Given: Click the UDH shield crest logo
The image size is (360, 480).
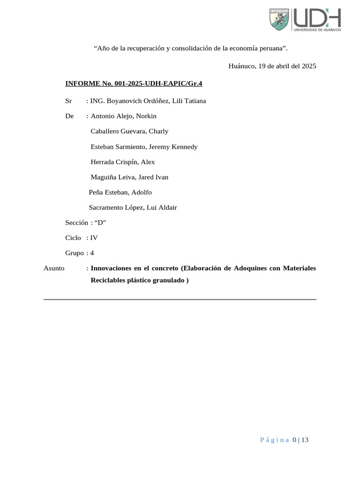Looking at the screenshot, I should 279,20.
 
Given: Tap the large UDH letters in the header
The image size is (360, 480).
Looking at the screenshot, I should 317,18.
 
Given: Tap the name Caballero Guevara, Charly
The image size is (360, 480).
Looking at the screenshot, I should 129,131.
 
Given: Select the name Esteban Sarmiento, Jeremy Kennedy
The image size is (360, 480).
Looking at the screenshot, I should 144,147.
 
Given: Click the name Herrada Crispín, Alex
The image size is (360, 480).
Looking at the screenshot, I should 122,162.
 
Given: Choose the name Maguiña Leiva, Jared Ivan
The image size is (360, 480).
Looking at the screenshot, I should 129,177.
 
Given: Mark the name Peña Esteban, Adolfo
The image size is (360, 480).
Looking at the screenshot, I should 120,192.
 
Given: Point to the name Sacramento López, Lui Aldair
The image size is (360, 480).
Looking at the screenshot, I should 133,208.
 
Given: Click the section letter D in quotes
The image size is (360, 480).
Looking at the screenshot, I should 100,223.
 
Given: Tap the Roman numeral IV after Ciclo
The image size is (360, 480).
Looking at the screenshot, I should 94,238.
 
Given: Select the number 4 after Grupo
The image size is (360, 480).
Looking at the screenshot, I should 92,253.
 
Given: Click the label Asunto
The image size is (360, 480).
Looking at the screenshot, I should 54,268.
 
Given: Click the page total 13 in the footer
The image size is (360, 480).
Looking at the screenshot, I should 305,440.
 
